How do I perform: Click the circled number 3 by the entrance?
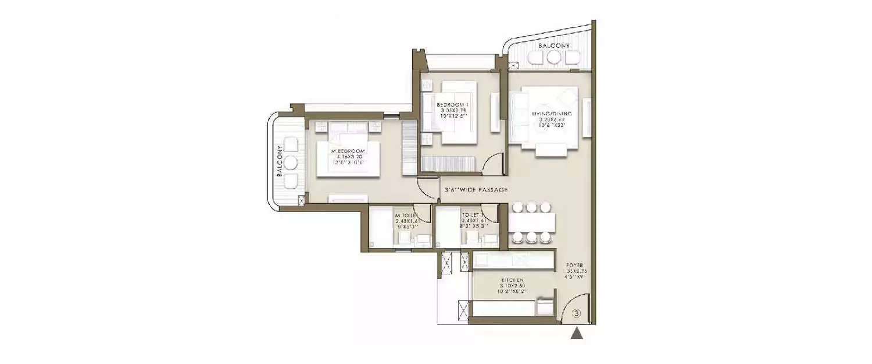(x=576, y=313)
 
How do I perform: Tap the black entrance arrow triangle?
(x=576, y=334)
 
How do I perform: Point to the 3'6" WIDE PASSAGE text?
(x=476, y=190)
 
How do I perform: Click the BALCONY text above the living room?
(x=553, y=45)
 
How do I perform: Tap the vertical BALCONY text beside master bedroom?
(x=280, y=162)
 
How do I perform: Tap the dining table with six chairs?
(x=531, y=222)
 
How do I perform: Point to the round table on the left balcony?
(x=291, y=162)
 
